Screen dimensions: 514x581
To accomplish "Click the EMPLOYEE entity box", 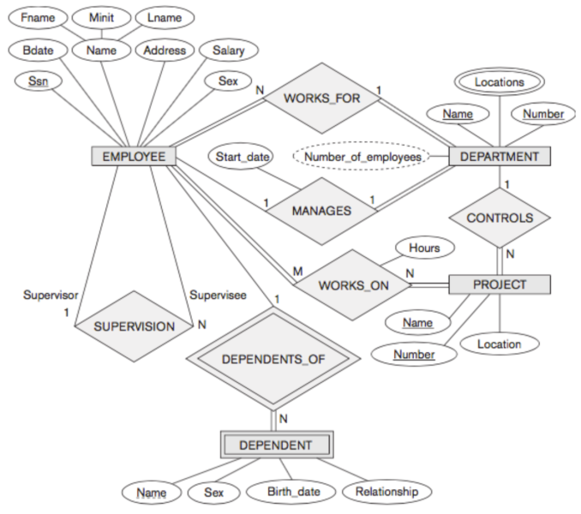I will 134,156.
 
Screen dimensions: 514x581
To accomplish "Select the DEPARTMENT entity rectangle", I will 500,156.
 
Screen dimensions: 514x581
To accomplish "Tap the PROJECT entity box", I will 500,284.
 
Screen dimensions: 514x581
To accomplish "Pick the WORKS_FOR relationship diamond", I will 321,99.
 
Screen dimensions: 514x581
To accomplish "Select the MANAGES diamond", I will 321,210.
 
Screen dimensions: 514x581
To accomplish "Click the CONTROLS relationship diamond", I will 500,218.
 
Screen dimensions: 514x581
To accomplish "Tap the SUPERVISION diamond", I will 134,326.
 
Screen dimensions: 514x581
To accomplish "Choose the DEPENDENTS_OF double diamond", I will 273,358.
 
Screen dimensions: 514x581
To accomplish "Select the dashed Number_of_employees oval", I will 362,157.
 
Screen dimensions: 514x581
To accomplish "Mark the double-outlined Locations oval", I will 499,82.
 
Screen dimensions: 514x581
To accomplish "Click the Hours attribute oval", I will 423,248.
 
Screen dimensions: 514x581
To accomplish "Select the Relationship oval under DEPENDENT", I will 386,492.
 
